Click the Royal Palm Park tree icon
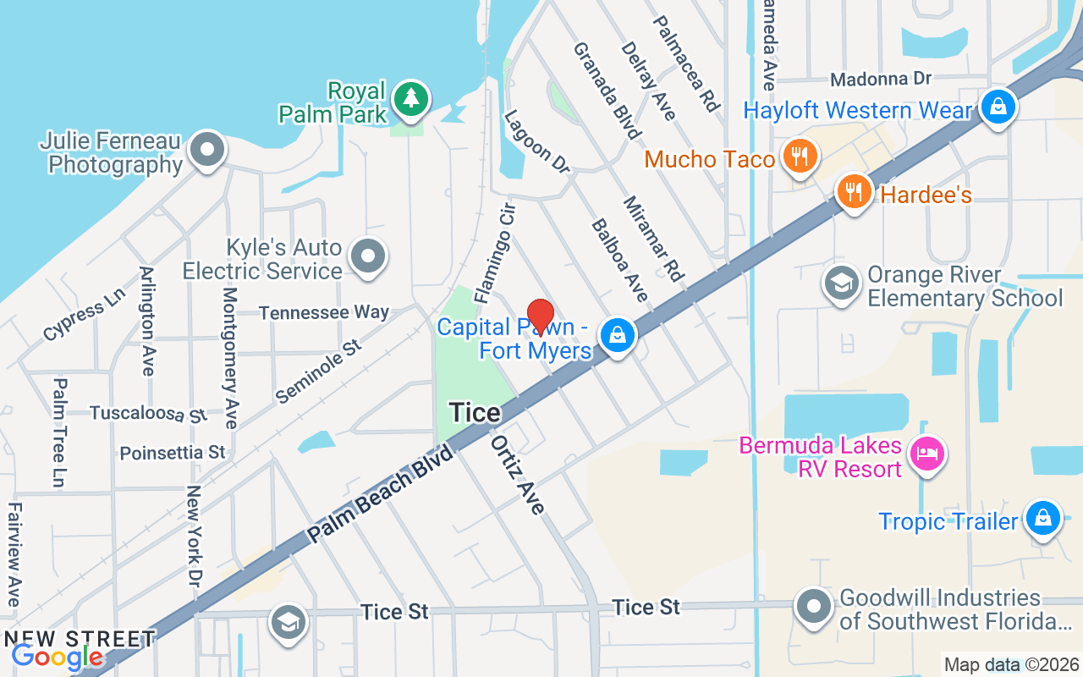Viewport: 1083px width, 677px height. click(411, 98)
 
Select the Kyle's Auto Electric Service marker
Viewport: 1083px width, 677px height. click(368, 256)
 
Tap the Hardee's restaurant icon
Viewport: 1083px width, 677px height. click(855, 191)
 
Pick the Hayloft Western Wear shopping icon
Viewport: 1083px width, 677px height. click(998, 107)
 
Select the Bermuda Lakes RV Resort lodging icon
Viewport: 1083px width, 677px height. click(927, 454)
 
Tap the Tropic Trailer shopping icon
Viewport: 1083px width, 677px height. click(1042, 518)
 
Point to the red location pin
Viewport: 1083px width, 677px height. click(541, 317)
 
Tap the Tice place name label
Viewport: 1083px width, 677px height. click(475, 412)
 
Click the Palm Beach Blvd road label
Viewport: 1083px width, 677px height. click(382, 493)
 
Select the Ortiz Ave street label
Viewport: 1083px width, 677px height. click(518, 475)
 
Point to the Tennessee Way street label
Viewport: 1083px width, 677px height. click(324, 312)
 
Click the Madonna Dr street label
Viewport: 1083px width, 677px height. click(880, 79)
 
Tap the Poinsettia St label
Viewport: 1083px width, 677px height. click(173, 453)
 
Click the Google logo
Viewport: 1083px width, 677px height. click(57, 657)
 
